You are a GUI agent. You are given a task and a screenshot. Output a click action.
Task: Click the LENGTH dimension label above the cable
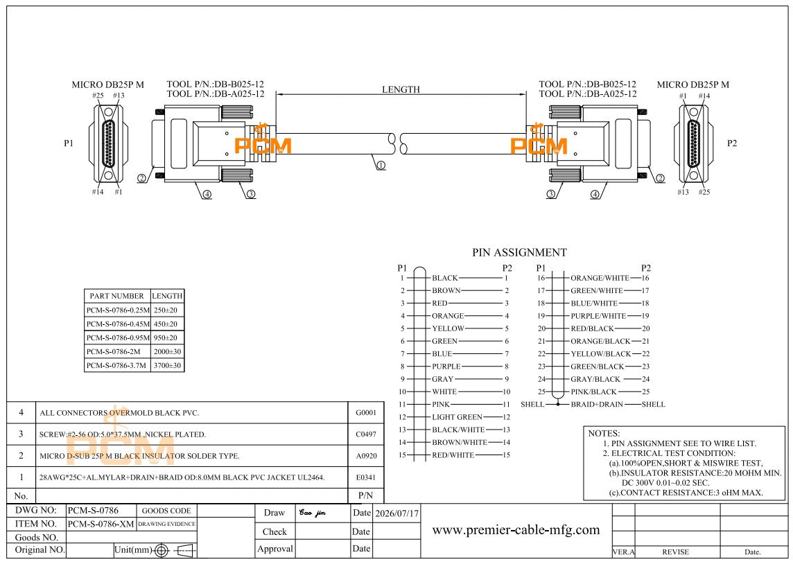[401, 89]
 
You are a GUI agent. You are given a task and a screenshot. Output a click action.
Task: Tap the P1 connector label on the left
[69, 143]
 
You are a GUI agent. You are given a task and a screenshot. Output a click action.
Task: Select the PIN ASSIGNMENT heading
[519, 252]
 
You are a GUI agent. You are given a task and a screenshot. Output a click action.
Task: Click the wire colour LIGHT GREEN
[457, 417]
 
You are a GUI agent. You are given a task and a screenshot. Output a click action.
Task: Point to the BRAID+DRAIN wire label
[597, 405]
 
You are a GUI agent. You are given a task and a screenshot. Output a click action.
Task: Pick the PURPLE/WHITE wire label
[598, 316]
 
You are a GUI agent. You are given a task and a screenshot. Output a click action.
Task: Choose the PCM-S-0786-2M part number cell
[113, 352]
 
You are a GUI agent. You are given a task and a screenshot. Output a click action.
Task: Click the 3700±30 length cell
[167, 365]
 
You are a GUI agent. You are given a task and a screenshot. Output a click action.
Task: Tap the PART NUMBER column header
[117, 296]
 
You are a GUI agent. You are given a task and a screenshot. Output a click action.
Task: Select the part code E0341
[366, 477]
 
